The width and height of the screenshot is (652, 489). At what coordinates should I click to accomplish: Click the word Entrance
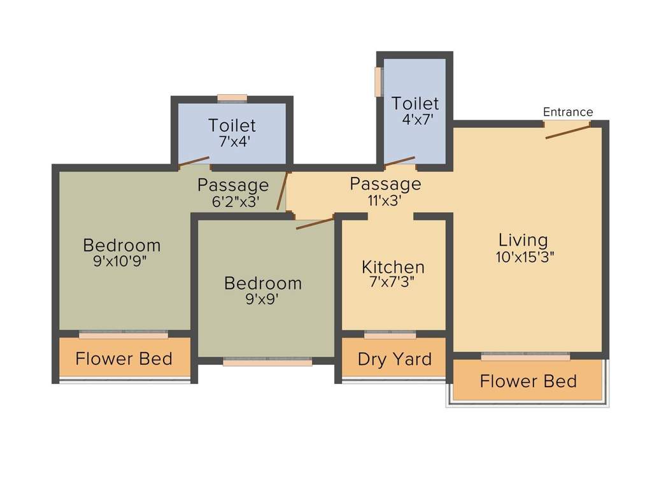coord(567,112)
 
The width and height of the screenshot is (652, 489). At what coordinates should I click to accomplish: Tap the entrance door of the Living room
coord(567,131)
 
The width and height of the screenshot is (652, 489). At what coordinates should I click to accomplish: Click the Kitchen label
coord(393,267)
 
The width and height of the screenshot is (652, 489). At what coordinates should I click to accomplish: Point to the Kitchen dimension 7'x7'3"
coord(393,282)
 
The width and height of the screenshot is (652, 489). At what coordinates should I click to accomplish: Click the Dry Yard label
coord(394,359)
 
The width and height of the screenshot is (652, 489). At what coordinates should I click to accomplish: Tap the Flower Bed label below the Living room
coord(528,381)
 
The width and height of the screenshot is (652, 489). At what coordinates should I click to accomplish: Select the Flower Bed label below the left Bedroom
coord(124,358)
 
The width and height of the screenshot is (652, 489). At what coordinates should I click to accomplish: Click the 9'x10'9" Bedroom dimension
coord(120,260)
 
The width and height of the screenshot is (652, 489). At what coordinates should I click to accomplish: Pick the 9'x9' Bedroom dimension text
coord(262,298)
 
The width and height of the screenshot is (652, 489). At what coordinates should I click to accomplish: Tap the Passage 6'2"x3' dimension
coord(233,201)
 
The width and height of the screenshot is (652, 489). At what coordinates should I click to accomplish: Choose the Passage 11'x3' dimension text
coord(385,199)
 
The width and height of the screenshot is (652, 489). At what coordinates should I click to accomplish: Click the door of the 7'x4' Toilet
coord(194,162)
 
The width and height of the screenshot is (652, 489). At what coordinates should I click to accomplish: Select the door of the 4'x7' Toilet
coord(400,162)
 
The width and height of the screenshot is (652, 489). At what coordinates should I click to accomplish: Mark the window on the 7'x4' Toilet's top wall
coord(232,98)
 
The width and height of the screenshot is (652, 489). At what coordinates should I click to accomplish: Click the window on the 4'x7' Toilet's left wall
coord(378,81)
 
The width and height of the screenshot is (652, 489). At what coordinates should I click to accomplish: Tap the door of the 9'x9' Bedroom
coord(315,223)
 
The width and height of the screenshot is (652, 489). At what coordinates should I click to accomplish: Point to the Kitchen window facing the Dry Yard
coord(390,334)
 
